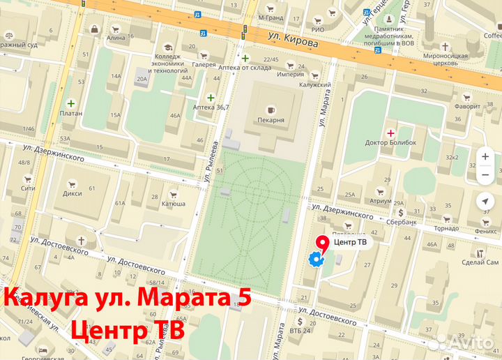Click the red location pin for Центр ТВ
pyautogui.click(x=322, y=243)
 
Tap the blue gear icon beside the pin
pyautogui.click(x=315, y=260)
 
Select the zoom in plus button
pyautogui.click(x=485, y=156)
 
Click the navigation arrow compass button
pyautogui.click(x=485, y=202)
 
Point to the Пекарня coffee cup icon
pyautogui.click(x=271, y=110)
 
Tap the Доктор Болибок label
pyautogui.click(x=390, y=142)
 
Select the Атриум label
pyautogui.click(x=381, y=200)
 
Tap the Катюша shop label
pyautogui.click(x=174, y=204)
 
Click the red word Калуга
pyautogui.click(x=43, y=300)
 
